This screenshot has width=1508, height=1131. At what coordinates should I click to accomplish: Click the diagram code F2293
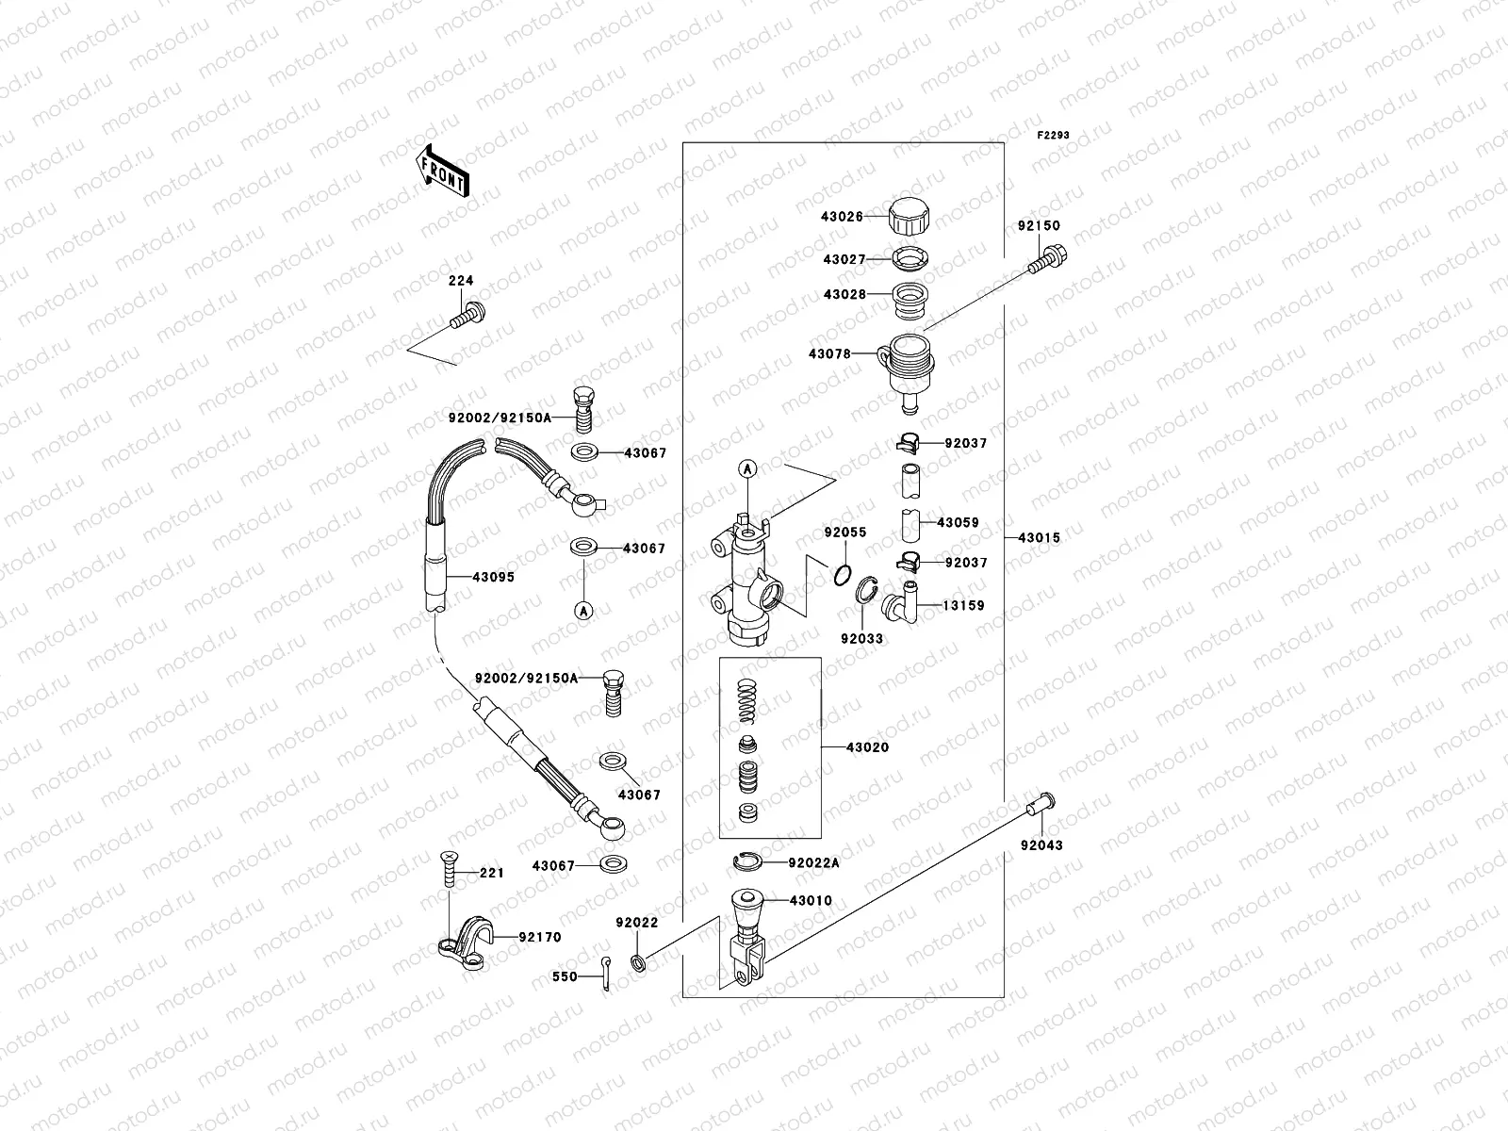click(x=1055, y=136)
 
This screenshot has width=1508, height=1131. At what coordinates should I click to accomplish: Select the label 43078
click(x=828, y=354)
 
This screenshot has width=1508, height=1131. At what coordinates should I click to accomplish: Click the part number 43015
click(x=1039, y=538)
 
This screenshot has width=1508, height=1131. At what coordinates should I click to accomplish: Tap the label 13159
click(x=963, y=606)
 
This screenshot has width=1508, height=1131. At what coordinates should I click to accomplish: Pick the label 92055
click(x=844, y=533)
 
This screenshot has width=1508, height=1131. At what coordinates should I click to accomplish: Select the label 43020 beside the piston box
click(x=867, y=747)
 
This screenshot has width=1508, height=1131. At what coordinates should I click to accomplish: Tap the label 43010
click(x=811, y=901)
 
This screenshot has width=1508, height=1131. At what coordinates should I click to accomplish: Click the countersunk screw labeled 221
click(x=447, y=867)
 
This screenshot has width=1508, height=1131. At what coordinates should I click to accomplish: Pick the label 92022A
click(x=813, y=861)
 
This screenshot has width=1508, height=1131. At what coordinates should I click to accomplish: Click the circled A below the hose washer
click(x=583, y=611)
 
